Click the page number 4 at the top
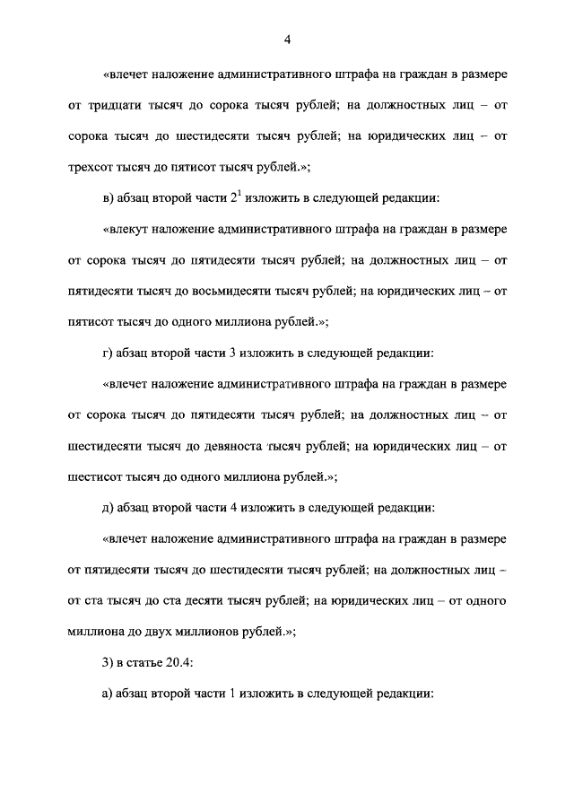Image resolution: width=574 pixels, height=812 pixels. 287,39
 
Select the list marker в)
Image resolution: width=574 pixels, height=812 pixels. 109,198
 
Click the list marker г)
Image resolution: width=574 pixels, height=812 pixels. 109,353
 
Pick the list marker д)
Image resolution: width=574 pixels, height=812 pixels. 109,507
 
